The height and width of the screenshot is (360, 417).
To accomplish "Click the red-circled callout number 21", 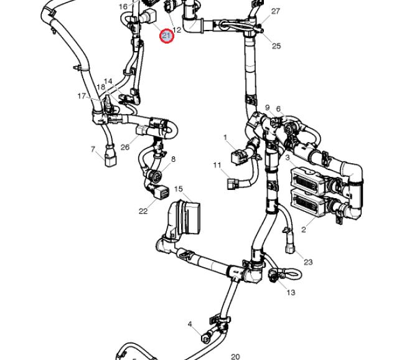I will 166,36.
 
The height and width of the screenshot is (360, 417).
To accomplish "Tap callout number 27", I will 276,11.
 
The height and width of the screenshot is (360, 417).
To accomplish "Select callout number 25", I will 276,46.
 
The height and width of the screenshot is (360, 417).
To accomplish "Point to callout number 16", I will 123,7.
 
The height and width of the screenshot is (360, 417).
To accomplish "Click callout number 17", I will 82,96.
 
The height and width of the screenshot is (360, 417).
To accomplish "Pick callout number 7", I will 93,149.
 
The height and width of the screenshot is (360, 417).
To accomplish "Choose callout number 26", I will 125,147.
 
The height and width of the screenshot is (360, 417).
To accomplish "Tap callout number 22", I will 143,211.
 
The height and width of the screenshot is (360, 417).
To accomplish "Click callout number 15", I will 179,189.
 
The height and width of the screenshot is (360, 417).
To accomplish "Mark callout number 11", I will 217,165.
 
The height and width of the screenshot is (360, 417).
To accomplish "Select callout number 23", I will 308,262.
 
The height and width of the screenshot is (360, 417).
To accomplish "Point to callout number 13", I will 291,292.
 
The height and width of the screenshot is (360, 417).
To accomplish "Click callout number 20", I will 235,356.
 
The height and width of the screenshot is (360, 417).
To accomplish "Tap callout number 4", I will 190,324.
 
